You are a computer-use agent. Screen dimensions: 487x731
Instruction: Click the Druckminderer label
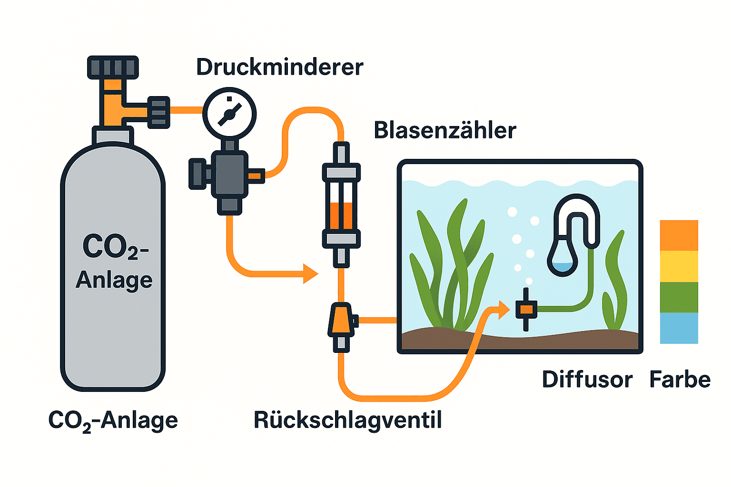tap(279, 67)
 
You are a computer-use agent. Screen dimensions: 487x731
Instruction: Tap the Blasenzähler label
tap(445, 130)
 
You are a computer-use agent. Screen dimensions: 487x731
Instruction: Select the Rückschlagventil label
tap(347, 420)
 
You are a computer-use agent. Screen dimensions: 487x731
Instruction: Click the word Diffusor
tap(587, 380)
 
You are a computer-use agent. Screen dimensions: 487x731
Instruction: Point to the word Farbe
tap(680, 380)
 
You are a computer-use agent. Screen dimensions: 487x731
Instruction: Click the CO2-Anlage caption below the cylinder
tap(113, 420)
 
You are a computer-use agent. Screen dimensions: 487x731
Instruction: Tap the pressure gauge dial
tap(229, 114)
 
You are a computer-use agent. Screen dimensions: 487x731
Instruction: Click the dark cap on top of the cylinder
tap(113, 67)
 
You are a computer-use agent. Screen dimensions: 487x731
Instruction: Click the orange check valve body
tap(341, 320)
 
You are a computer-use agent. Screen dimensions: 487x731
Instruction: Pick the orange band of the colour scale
tap(679, 235)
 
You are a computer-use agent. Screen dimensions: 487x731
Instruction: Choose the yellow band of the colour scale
tap(679, 266)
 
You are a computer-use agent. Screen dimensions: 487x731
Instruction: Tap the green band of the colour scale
tap(679, 297)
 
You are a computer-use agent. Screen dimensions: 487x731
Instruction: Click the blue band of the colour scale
tap(679, 328)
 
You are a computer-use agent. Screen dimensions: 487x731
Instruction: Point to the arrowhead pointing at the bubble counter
tap(310, 273)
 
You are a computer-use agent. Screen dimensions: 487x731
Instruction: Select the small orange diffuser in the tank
tap(526, 309)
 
